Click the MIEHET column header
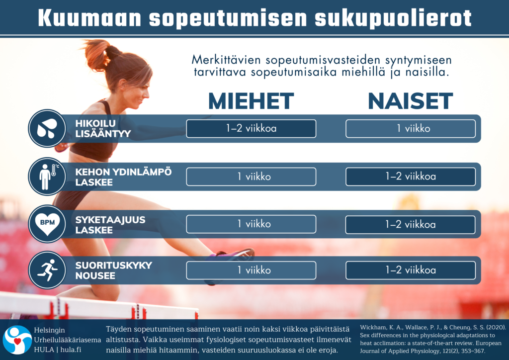(251, 101)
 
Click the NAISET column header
(410, 101)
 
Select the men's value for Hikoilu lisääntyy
(251, 129)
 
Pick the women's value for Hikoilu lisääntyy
(411, 129)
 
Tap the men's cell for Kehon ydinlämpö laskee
(251, 177)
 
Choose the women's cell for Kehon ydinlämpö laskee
(411, 177)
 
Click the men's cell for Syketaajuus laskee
(251, 224)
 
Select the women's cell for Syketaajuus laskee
(411, 224)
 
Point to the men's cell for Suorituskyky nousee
(251, 270)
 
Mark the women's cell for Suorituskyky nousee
(411, 270)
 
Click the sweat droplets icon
(47, 128)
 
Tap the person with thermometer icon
(47, 177)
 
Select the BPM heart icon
(47, 224)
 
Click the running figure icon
(47, 270)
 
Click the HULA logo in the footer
(17, 340)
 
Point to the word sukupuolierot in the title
(393, 18)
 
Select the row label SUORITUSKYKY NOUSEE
(114, 270)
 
